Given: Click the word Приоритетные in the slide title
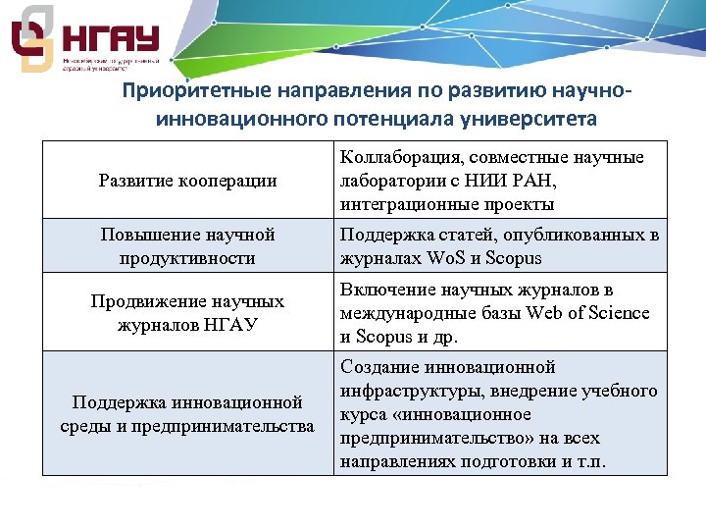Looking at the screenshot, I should click(x=183, y=91).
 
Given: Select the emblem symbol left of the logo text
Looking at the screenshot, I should click(x=31, y=39).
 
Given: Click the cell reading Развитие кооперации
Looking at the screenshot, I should click(x=188, y=181).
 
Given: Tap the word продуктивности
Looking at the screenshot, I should click(x=188, y=258).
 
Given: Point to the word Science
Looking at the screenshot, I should click(x=615, y=313).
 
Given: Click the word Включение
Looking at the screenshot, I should click(x=383, y=290).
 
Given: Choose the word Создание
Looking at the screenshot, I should click(x=379, y=367).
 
